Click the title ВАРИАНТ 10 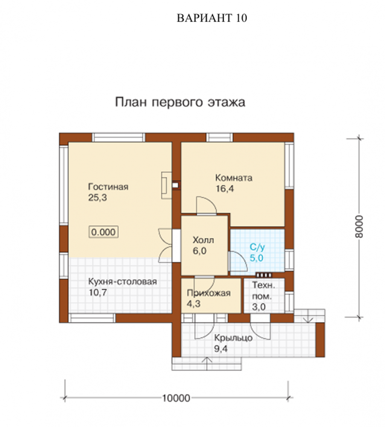click(212, 18)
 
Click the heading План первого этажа click(180, 102)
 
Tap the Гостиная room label click(108, 187)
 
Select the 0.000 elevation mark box click(103, 232)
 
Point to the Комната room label click(233, 178)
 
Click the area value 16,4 click(225, 188)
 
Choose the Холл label click(203, 240)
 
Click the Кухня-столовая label click(122, 281)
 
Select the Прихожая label click(209, 293)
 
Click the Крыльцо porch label click(233, 338)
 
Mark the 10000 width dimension click(176, 398)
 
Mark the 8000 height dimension click(359, 227)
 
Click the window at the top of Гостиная click(118, 137)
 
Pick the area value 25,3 click(97, 198)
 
